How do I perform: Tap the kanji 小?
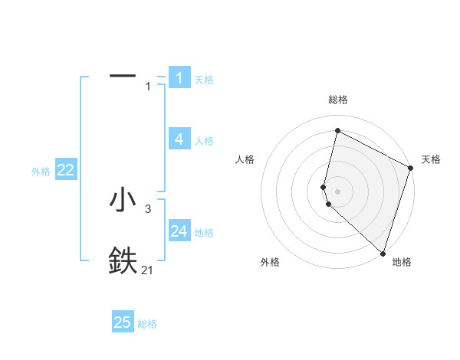click(x=123, y=200)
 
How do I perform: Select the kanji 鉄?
click(x=123, y=260)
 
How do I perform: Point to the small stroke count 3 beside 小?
click(x=148, y=209)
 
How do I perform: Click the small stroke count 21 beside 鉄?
click(x=148, y=270)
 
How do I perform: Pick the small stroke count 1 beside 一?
click(x=148, y=87)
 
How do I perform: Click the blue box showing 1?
click(x=179, y=77)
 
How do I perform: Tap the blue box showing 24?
click(x=179, y=231)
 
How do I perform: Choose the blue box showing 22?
click(x=65, y=170)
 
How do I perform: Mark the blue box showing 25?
click(x=123, y=322)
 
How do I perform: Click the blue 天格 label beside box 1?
click(x=204, y=80)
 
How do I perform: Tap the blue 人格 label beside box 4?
click(x=204, y=141)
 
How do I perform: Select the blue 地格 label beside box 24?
click(x=204, y=233)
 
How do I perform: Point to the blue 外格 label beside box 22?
click(x=41, y=172)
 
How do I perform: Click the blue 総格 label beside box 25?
click(x=147, y=325)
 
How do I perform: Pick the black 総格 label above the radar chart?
click(x=338, y=100)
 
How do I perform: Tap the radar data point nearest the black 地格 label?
click(x=383, y=254)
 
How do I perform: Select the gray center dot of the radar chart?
click(x=338, y=191)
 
